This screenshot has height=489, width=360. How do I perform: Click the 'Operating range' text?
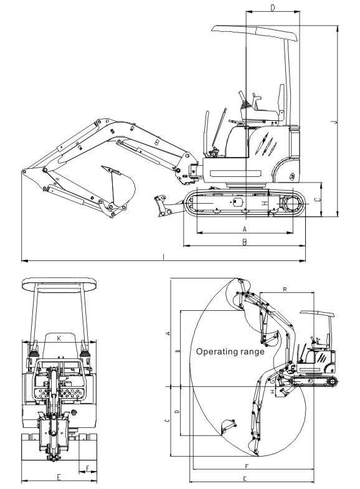pyautogui.click(x=230, y=352)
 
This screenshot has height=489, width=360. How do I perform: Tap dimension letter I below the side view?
pyautogui.click(x=164, y=257)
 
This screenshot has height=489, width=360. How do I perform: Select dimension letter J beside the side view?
pyautogui.click(x=334, y=122)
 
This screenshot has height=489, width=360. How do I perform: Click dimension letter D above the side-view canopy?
pyautogui.click(x=273, y=8)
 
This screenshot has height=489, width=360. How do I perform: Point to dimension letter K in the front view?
pyautogui.click(x=59, y=338)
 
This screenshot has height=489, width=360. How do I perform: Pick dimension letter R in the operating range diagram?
pyautogui.click(x=285, y=290)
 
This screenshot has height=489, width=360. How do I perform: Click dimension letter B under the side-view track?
pyautogui.click(x=245, y=242)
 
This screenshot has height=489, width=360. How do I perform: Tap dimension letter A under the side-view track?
pyautogui.click(x=245, y=229)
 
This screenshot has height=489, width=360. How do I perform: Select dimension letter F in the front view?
pyautogui.click(x=88, y=468)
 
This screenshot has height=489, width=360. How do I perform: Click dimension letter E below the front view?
pyautogui.click(x=59, y=477)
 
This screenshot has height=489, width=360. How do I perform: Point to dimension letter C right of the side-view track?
pyautogui.click(x=317, y=200)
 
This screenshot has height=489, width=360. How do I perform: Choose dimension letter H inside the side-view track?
pyautogui.click(x=265, y=203)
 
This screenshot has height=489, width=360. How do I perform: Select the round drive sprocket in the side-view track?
pyautogui.click(x=292, y=204)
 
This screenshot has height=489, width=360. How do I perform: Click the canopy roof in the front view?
pyautogui.click(x=59, y=284)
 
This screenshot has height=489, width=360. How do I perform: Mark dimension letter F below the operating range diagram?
pyautogui.click(x=247, y=466)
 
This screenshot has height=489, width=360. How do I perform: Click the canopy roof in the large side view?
pyautogui.click(x=255, y=33)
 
